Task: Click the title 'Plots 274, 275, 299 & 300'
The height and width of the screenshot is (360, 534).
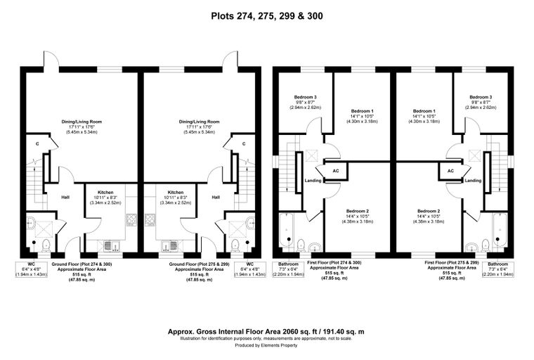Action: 267,16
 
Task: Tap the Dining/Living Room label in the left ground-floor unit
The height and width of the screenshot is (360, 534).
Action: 82,122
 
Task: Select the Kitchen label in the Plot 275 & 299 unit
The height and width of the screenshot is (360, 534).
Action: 176,192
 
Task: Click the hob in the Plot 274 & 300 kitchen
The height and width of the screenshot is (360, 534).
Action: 131,219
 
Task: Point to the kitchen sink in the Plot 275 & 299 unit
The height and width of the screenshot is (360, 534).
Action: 170,246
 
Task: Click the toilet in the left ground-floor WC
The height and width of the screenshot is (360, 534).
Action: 46,245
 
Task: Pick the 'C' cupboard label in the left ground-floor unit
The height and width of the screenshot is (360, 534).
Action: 37,144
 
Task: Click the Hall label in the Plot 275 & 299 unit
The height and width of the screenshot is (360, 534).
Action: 216,197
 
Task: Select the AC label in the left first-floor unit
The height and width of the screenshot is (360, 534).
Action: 336,171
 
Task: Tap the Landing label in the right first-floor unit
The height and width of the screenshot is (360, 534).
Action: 473,180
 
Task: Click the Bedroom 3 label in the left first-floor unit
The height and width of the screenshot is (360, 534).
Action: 305,97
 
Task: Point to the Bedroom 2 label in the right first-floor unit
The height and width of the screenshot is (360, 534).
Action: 429,211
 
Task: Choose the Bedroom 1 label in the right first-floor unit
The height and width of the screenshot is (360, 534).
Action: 424,111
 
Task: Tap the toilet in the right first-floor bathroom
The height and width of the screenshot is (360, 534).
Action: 486,245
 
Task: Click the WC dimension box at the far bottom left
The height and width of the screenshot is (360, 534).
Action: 32,269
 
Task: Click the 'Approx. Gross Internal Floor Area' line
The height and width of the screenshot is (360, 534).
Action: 266,331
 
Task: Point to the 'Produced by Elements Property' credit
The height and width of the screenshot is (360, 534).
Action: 266,345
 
